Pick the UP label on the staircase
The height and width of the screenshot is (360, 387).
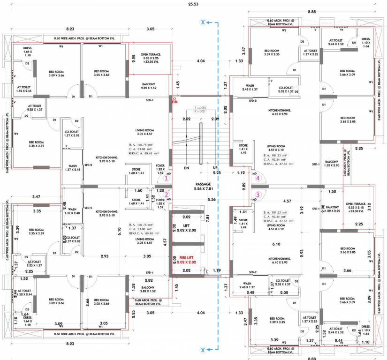pos(215,168)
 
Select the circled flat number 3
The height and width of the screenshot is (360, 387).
pos(257,194)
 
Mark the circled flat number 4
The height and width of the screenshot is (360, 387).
pos(257,178)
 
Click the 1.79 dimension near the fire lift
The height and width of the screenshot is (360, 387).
pos(216,270)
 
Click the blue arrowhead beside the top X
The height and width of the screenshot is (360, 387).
pos(211,22)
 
